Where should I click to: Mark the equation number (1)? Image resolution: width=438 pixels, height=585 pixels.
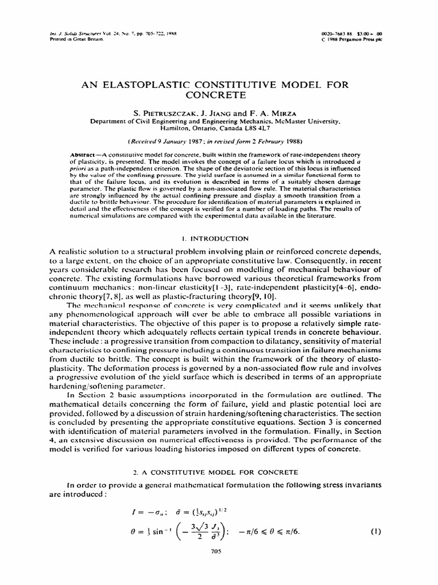point(375,531)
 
